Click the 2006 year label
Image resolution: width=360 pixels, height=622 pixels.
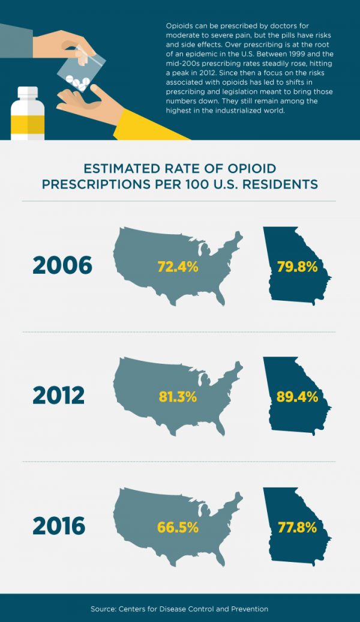tap(62, 265)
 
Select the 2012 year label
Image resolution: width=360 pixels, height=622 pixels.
tap(59, 396)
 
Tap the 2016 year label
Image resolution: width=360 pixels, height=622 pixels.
tap(59, 525)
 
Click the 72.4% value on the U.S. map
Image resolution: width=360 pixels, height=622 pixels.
tap(178, 267)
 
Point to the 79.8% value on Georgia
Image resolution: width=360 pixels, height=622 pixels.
tap(298, 267)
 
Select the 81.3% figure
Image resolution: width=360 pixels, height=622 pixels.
tap(179, 396)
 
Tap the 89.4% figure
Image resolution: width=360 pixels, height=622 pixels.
tap(298, 396)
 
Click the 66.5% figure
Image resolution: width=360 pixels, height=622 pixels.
tap(178, 527)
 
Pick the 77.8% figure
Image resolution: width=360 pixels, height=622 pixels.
tap(298, 527)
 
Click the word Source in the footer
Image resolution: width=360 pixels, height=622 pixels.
tap(104, 609)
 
